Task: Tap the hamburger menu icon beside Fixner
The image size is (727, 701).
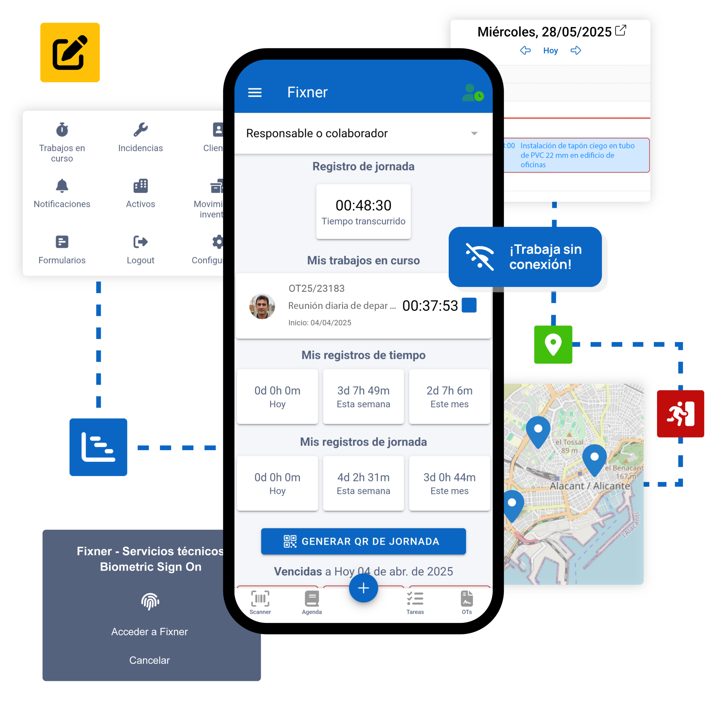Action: tap(255, 92)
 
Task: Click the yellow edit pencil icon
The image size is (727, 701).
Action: tap(70, 52)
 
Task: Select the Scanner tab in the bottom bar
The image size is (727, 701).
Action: tap(260, 602)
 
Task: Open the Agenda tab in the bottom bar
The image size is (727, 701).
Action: tap(312, 602)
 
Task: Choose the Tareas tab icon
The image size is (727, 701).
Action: tap(415, 602)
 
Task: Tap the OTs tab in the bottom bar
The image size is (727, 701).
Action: tap(467, 602)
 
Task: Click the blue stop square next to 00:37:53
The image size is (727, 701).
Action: tap(469, 305)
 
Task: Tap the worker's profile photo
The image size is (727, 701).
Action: tap(262, 306)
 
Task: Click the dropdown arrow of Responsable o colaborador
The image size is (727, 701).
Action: tap(474, 133)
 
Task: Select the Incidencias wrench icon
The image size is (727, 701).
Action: tap(141, 130)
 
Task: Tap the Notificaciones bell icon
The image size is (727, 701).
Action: tap(62, 186)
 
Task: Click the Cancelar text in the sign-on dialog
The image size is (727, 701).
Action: tap(149, 660)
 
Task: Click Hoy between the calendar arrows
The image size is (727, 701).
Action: tap(550, 51)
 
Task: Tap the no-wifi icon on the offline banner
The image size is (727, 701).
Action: tap(480, 257)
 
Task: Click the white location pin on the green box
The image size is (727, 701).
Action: tap(553, 344)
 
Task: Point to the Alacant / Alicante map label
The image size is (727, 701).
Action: tap(590, 486)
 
